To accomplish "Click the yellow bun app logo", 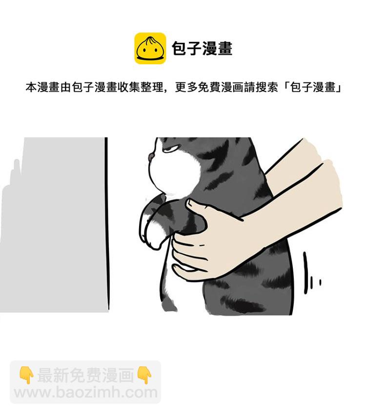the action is (150, 48).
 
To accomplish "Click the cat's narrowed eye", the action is (169, 150).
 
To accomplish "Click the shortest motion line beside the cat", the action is (321, 282).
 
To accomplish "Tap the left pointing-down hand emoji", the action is (26, 375).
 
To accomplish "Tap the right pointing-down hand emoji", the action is (144, 375).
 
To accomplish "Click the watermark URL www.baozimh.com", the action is (85, 393).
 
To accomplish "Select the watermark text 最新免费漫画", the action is (85, 375).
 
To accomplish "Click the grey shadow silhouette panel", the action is (53, 225).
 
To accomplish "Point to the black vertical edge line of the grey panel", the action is (106, 225).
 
